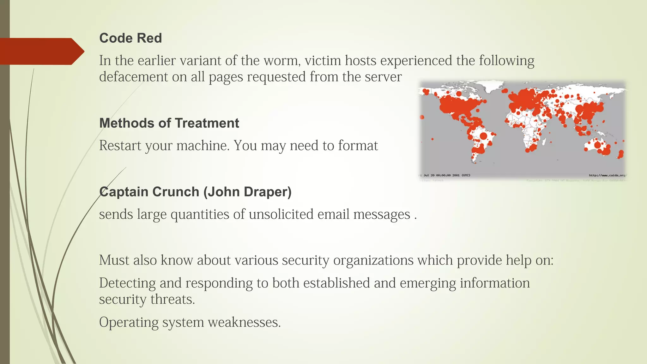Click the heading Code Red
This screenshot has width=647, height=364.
click(130, 38)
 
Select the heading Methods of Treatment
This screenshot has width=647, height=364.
click(169, 123)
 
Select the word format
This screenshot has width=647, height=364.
click(358, 146)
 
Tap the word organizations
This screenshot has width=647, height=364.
click(373, 260)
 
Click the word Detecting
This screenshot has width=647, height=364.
click(127, 283)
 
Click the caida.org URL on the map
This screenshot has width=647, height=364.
click(607, 175)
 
